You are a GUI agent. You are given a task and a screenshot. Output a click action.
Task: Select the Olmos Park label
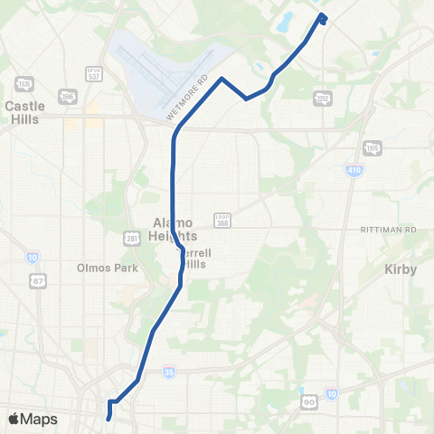point(106,269)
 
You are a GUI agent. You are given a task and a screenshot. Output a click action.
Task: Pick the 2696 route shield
point(66,96)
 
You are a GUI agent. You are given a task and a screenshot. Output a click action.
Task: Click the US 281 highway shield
point(133,239)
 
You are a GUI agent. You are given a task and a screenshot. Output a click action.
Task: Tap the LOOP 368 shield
point(222,219)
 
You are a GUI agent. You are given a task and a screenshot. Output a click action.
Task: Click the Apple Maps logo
point(32,419)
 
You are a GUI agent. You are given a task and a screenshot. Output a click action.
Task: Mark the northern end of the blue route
point(322,17)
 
